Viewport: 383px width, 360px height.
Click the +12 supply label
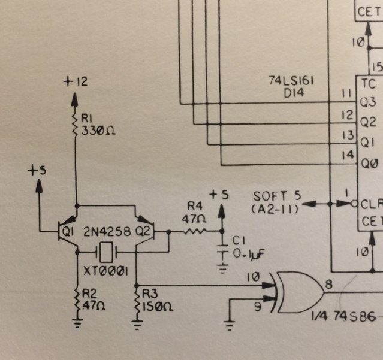click(x=76, y=81)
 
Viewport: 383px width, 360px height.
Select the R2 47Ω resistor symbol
click(x=77, y=298)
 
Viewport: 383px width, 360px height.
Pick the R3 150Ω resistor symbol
click(x=137, y=298)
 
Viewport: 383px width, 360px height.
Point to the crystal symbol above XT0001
click(x=107, y=252)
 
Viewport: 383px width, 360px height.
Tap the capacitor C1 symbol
click(x=222, y=252)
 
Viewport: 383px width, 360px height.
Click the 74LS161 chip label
click(x=292, y=81)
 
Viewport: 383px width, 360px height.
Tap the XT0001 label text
click(x=106, y=271)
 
